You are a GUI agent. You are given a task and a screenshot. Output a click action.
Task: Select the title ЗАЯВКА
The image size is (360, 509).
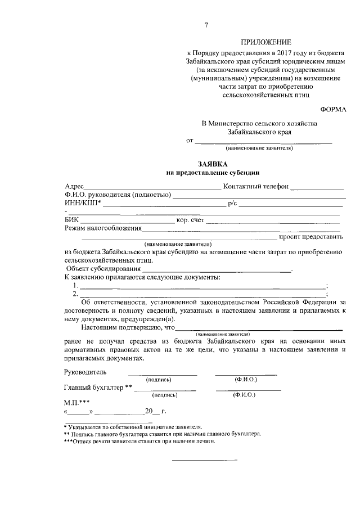click(213, 163)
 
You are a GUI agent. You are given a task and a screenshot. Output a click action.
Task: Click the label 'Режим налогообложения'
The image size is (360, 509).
click(103, 228)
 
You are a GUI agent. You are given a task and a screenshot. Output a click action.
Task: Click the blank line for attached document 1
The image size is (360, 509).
click(202, 287)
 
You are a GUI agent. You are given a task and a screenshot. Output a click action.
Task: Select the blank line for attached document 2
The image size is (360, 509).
click(202, 295)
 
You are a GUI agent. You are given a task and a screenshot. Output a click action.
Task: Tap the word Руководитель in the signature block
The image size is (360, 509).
click(85, 372)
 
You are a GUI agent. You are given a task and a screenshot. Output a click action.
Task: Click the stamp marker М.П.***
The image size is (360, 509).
click(78, 402)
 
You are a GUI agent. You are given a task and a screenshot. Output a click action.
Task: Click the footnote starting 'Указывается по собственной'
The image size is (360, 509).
click(135, 427)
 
